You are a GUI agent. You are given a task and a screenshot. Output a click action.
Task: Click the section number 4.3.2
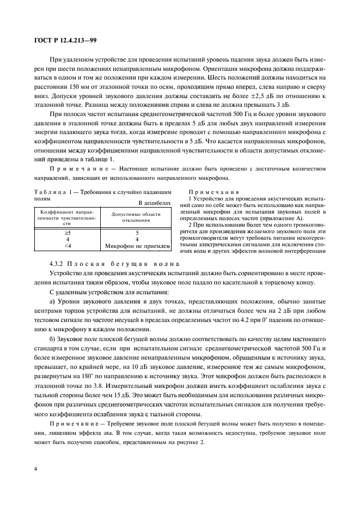59,264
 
